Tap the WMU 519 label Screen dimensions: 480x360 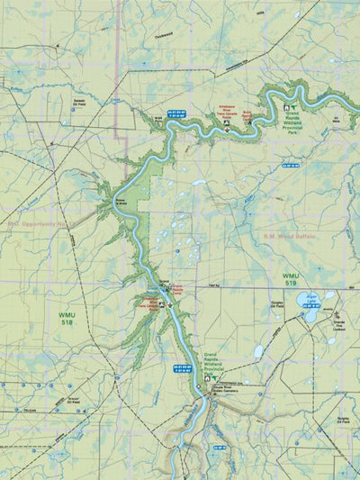coord(290,279)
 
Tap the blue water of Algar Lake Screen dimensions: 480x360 coord(312,313)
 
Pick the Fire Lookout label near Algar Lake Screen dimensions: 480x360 coord(337,325)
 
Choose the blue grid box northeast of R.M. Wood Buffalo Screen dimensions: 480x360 coord(289,166)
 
